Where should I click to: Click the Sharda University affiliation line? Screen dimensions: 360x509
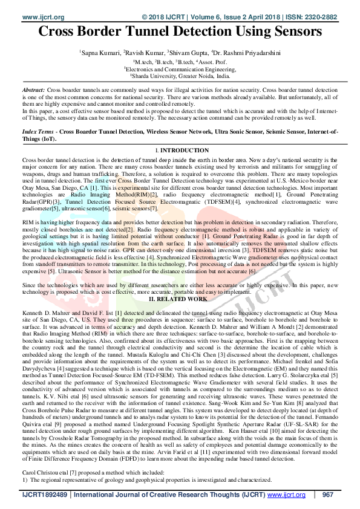(180, 77)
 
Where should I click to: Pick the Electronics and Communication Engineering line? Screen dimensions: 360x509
(180, 70)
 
